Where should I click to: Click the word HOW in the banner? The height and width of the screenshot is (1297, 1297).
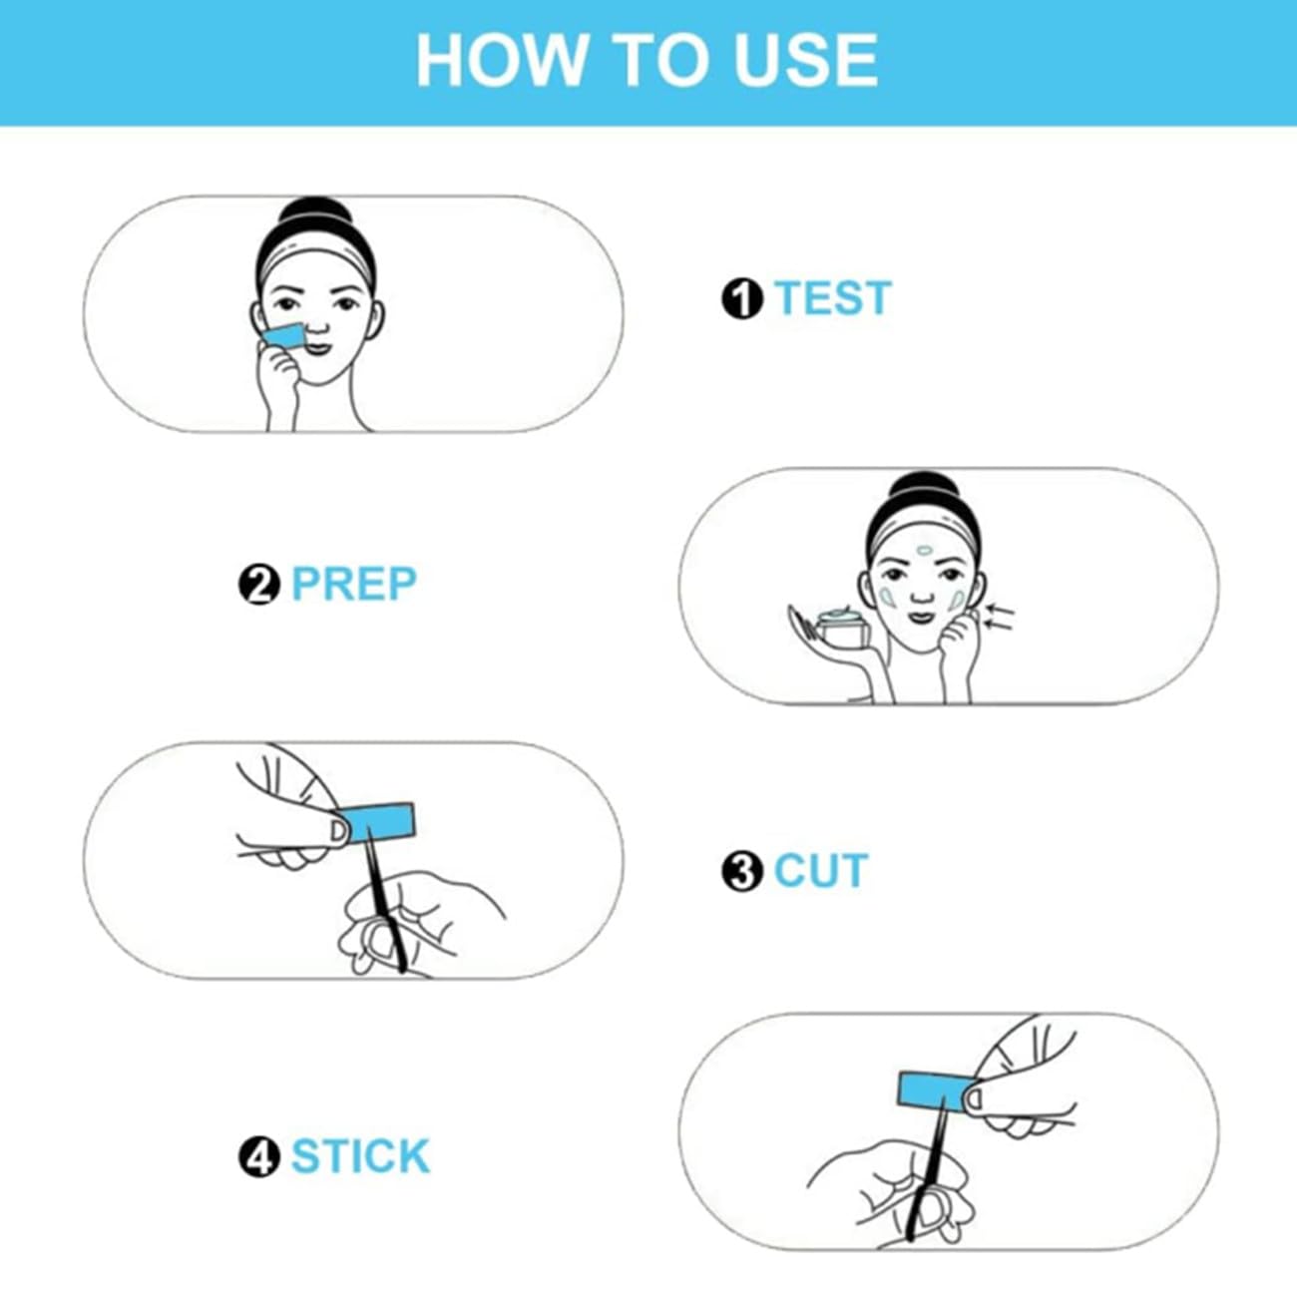point(502,60)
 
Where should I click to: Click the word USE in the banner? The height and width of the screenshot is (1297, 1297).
point(806,60)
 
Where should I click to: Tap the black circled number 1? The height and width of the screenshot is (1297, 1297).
point(741,298)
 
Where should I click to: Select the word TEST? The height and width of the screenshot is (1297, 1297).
point(833,298)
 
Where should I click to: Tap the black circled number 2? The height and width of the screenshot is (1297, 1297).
point(259,585)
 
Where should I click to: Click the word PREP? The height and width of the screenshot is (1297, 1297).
point(354,584)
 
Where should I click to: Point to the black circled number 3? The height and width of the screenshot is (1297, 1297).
point(741,871)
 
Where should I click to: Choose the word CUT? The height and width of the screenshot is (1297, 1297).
point(820,870)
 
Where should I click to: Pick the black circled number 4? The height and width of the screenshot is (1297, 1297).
point(259,1157)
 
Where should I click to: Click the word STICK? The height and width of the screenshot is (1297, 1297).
point(361,1156)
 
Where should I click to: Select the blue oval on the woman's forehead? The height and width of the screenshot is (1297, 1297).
point(924,550)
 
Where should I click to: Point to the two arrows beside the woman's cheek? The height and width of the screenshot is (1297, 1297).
point(999,618)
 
